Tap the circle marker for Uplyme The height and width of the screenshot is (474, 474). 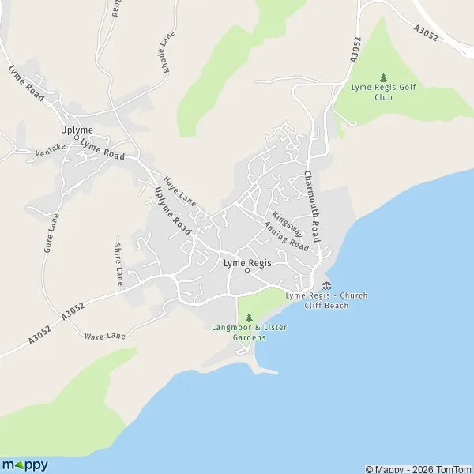click(x=77, y=137)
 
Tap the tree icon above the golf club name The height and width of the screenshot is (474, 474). click(x=384, y=77)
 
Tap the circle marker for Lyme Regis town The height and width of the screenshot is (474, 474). click(x=247, y=270)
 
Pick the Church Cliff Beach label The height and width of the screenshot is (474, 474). click(x=326, y=300)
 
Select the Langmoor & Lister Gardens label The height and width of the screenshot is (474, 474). click(x=238, y=332)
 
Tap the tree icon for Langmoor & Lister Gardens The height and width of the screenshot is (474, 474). click(x=238, y=318)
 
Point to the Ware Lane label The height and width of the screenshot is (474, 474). click(x=101, y=336)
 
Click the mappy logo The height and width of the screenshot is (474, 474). click(x=25, y=465)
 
